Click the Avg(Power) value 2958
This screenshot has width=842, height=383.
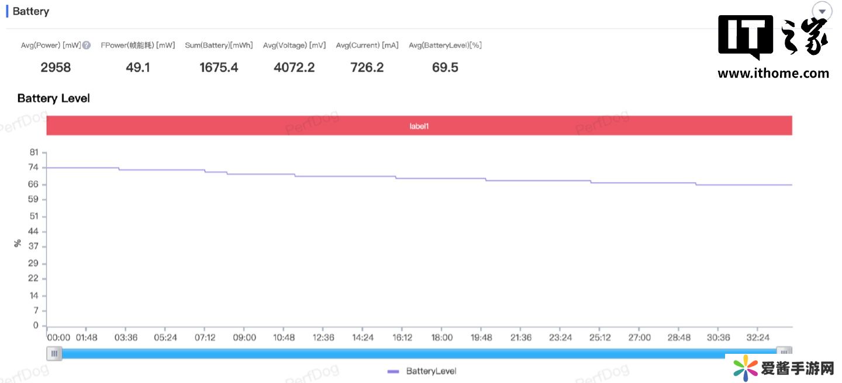point(56,68)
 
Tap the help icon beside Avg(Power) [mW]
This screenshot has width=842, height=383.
point(87,45)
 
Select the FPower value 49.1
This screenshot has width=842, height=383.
point(138,68)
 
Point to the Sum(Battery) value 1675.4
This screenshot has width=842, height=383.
point(219,68)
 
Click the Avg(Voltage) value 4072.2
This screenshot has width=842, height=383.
point(294,68)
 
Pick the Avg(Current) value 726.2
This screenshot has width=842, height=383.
point(367,68)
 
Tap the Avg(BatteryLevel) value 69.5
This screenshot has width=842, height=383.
point(445,68)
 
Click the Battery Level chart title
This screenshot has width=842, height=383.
point(54,98)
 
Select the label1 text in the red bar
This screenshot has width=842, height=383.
point(419,126)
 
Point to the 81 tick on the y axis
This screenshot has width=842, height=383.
point(34,152)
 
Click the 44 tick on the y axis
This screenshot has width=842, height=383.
point(34,231)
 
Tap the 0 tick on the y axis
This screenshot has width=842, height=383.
point(36,325)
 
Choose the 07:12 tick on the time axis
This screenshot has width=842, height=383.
point(205,337)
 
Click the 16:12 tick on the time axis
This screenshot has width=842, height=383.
point(402,337)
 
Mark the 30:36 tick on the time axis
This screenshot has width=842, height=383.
point(718,337)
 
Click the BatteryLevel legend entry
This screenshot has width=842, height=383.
point(422,371)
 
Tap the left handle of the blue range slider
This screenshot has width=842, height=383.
point(54,353)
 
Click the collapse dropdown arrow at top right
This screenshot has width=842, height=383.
point(822,12)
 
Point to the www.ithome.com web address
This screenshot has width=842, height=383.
point(773,74)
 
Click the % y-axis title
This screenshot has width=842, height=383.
point(18,243)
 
